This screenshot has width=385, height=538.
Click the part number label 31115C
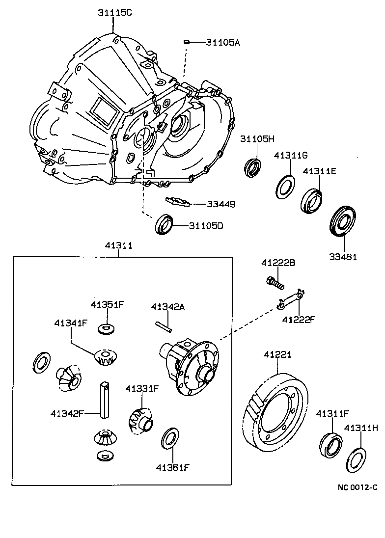point(113,13)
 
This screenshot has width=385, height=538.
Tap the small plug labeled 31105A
point(187,42)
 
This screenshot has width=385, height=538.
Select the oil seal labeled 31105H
point(253,166)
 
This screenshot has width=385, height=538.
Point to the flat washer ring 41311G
point(284,187)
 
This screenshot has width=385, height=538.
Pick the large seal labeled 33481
point(341,222)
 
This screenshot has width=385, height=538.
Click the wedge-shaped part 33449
point(177,202)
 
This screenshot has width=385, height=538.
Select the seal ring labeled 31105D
point(165,225)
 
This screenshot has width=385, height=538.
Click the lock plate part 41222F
point(290,300)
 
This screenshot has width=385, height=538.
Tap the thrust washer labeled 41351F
point(104,327)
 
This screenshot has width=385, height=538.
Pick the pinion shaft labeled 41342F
point(105,400)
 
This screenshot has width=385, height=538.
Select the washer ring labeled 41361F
point(170,438)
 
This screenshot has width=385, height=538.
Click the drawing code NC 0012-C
point(357,487)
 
